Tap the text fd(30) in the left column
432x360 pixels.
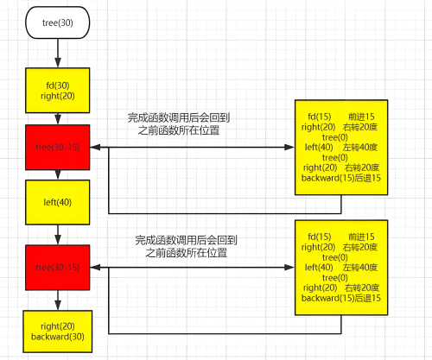(x=58, y=85)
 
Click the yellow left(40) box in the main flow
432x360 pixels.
(x=58, y=203)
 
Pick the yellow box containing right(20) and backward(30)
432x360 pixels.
(x=58, y=331)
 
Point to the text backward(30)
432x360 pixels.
(x=58, y=337)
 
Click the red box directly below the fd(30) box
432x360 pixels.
(x=58, y=148)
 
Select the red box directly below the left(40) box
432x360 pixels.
(x=58, y=267)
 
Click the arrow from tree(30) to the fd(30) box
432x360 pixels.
(x=58, y=53)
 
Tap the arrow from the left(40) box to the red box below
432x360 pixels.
(x=58, y=235)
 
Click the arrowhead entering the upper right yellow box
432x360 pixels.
(x=289, y=148)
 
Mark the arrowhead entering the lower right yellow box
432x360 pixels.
(x=289, y=267)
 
